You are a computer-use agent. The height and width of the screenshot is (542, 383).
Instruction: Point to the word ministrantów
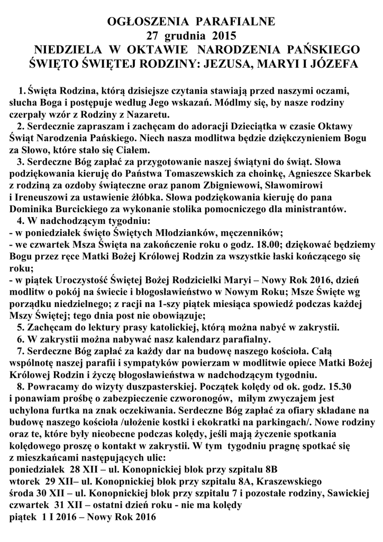tap(317, 209)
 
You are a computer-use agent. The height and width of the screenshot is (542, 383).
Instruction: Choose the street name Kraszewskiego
tap(283, 482)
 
